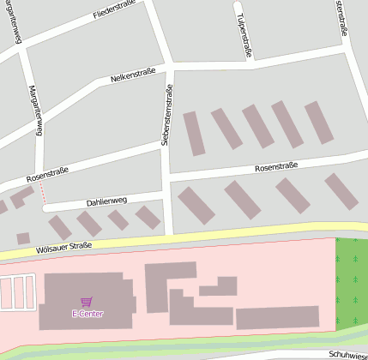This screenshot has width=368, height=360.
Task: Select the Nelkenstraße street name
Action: pos(133,77)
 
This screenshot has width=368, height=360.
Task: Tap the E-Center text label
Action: pos(87,314)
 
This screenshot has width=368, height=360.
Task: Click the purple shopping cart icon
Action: pos(86,302)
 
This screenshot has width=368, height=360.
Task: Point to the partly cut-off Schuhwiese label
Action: pos(347,354)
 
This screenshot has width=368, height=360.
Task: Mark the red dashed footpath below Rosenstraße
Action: pos(40,195)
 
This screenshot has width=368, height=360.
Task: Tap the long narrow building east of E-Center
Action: pos(276,317)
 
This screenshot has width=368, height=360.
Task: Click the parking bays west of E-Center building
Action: pos(18,292)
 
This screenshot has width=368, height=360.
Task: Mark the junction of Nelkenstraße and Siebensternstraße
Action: pos(171,66)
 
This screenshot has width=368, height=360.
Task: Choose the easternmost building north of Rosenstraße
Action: pos(318,122)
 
